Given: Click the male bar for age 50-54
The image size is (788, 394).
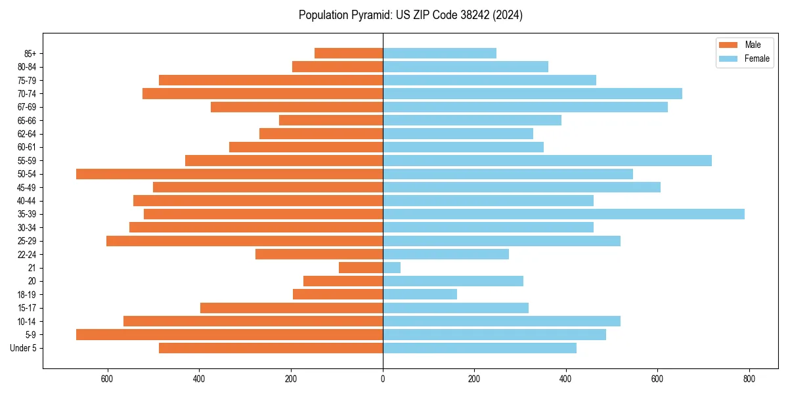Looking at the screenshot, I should pos(229,174).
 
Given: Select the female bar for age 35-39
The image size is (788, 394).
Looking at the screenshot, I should pos(563,214).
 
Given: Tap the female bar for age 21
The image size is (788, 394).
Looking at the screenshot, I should pos(391,268).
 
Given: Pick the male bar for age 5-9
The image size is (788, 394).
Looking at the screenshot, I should pos(229,335).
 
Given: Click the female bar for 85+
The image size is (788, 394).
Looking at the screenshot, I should pos(439,53).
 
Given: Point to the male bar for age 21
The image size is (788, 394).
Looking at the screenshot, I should pos(361,268).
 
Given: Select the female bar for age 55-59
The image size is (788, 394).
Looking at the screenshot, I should pos(547,160).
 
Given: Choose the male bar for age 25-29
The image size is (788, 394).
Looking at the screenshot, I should pos(244,241).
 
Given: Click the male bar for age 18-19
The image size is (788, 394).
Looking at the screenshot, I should pos(338,294).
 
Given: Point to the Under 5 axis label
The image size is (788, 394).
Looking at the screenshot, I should pos(24,348).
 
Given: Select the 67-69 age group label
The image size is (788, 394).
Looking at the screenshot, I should pos(27,107).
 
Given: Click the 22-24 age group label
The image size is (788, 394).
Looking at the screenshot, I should pos(27,254).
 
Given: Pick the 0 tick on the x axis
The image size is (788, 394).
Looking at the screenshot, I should pos(383,379).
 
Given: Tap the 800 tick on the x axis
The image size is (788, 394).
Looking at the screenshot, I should pos(749,379).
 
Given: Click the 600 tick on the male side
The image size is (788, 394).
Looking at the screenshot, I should pos(108,379).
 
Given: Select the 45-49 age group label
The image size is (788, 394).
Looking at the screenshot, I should pos(27,187).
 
